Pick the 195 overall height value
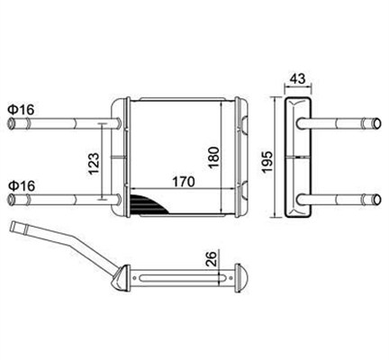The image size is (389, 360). tap(267, 159)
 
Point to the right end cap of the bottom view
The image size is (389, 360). tap(240, 280)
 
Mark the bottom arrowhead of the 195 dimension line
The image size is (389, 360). tap(276, 220)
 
